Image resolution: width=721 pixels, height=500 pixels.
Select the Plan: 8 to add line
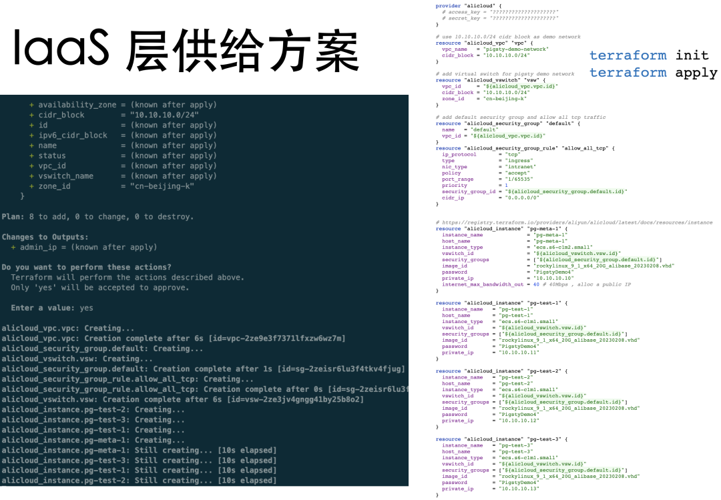[97, 216]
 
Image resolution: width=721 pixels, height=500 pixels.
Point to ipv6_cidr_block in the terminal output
[73, 136]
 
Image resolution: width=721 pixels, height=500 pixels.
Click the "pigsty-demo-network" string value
[516, 49]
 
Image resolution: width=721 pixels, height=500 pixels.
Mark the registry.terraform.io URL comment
[574, 222]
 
